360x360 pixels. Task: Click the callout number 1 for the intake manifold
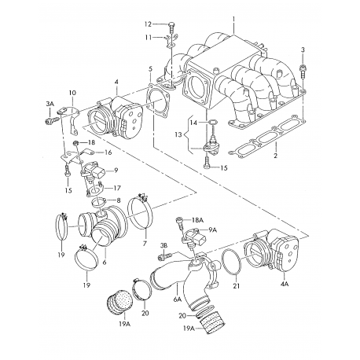[234, 19]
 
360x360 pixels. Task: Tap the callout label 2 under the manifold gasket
[275, 156]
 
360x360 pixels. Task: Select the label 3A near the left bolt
[50, 104]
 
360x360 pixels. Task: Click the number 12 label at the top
[148, 24]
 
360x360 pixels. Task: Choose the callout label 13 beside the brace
[178, 135]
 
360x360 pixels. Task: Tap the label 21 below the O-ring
[237, 286]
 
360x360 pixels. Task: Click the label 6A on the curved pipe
[178, 299]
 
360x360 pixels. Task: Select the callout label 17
[117, 188]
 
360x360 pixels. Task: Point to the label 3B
[163, 245]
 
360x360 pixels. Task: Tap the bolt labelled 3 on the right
[303, 70]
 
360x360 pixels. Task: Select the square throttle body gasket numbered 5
[158, 99]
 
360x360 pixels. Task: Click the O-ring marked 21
[231, 263]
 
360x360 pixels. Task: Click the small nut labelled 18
[75, 143]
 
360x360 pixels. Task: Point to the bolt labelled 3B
[165, 255]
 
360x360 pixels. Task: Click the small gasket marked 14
[212, 122]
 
